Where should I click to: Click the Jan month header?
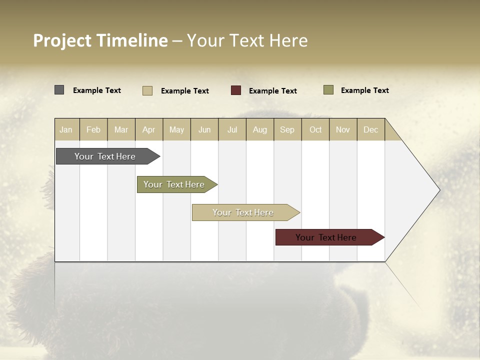tap(66, 129)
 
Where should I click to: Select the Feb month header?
tap(93, 129)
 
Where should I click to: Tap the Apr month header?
tap(149, 129)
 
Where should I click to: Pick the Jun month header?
tap(204, 129)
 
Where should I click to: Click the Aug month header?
tap(260, 129)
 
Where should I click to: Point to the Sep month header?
tap(287, 129)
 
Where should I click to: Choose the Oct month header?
tap(315, 129)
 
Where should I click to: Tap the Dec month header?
tap(371, 129)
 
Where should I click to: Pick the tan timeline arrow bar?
tap(243, 212)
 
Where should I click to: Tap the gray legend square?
tap(59, 90)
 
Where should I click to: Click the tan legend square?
tap(147, 90)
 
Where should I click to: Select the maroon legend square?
tap(236, 90)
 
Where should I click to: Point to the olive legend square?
tap(328, 90)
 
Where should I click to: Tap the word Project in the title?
tap(62, 40)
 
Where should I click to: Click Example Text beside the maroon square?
tap(273, 90)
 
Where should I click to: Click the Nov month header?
tap(343, 129)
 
